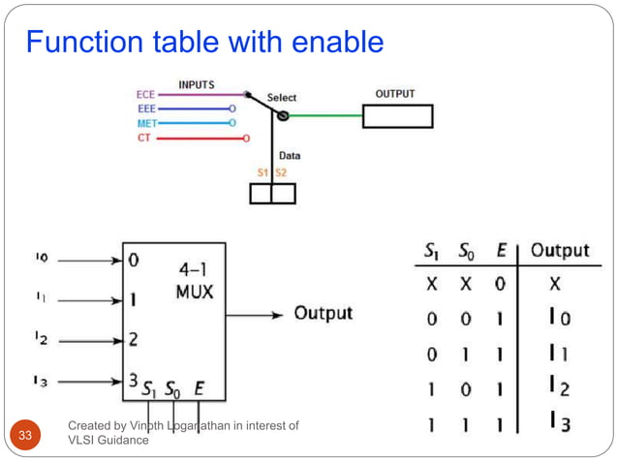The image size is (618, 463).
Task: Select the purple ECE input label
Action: tap(145, 95)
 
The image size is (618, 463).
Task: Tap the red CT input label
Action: tap(144, 138)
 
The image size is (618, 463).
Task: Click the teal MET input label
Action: tap(143, 124)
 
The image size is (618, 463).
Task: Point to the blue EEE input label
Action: tap(145, 109)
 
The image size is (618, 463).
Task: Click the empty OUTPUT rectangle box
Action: tap(397, 116)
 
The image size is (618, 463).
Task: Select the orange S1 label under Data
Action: tap(262, 172)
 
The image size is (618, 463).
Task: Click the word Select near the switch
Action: tap(282, 98)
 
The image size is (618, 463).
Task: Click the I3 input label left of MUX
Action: tap(41, 382)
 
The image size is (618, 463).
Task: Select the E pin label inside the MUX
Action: tap(199, 390)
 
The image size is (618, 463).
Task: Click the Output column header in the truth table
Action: tap(560, 251)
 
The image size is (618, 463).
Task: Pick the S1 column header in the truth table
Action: tap(433, 251)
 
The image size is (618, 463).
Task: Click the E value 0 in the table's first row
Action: tap(500, 286)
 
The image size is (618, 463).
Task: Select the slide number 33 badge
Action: tap(26, 435)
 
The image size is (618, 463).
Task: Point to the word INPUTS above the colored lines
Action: tap(197, 85)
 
